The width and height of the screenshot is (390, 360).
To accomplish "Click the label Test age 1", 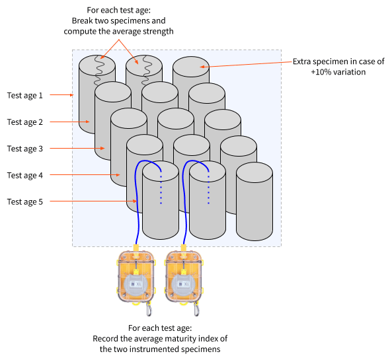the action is coord(25,96).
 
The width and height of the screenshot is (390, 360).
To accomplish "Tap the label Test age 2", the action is coord(25,122).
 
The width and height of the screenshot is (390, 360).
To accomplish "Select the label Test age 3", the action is coord(25,149).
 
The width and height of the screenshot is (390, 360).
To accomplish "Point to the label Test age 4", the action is coord(25,175).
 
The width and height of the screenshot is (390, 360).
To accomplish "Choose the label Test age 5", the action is coord(25,202).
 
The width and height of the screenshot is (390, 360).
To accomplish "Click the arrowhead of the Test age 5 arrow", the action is coord(135,201).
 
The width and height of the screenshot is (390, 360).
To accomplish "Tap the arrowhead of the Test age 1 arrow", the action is coord(72,94).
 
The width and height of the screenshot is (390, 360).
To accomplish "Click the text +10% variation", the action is coord(338,72).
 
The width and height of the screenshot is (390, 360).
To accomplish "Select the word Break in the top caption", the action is coord(83,20).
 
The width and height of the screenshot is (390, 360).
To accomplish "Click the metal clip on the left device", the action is coord(149,309).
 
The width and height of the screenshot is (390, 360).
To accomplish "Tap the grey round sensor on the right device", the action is coord(183,285).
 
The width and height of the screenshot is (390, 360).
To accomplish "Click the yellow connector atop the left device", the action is coord(136,248).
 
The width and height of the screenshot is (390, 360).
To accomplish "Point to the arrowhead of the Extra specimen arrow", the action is coord(202,67).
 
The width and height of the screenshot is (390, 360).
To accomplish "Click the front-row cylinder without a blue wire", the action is coord(254,201).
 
